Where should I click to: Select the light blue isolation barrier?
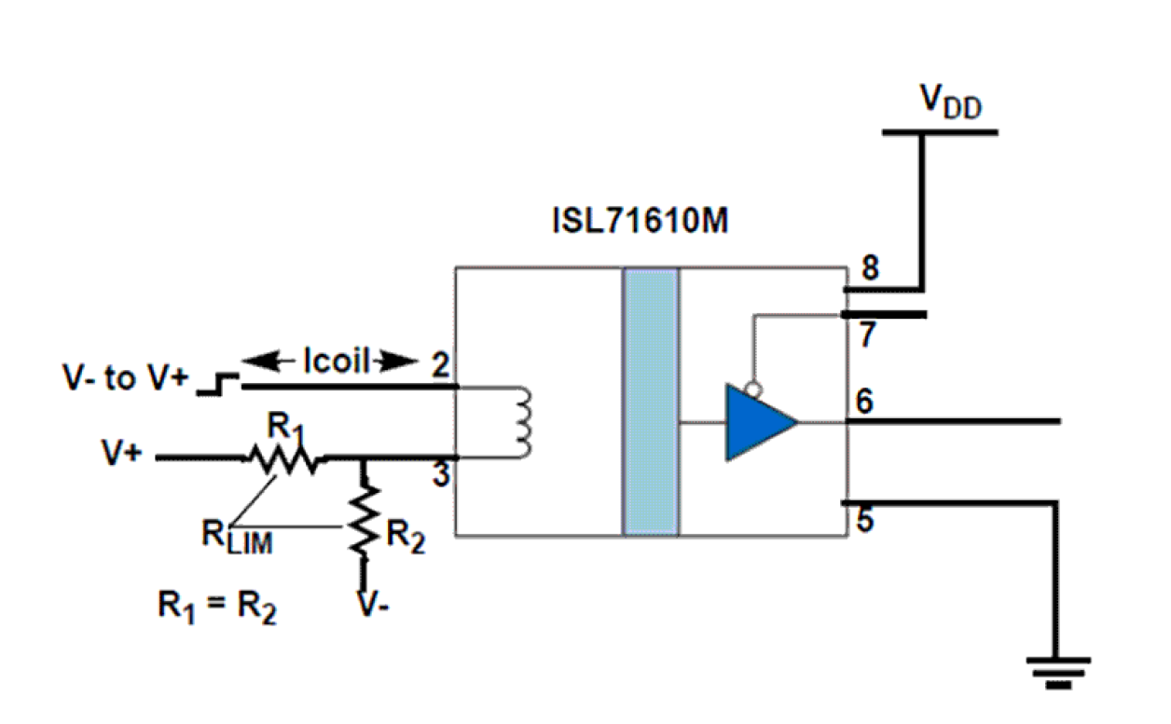tap(651, 402)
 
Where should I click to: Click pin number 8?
tap(870, 269)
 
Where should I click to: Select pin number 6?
tap(865, 403)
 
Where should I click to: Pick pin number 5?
tap(866, 521)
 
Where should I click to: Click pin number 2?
tap(438, 364)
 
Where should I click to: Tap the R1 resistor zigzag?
tap(282, 458)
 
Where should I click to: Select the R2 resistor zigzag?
tap(365, 520)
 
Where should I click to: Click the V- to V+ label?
tap(124, 379)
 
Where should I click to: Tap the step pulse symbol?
tap(215, 383)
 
